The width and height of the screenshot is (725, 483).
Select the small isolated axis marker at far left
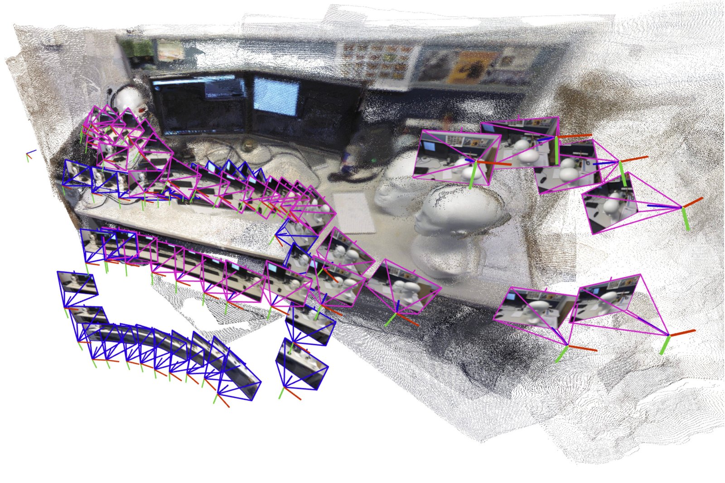30,155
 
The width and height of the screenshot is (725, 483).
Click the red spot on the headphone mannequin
143,110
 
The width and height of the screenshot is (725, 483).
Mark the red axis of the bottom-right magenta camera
682,332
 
